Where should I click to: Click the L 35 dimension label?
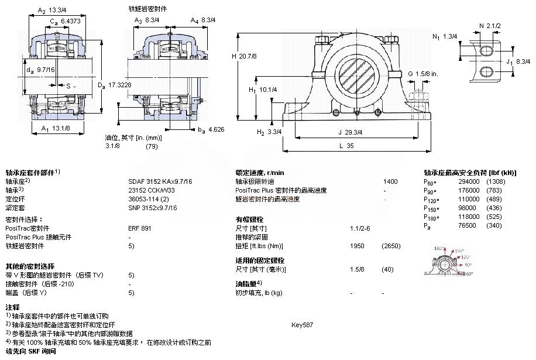(x=346, y=147)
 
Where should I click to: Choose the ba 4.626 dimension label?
(x=211, y=129)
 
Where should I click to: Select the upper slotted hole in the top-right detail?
(x=487, y=51)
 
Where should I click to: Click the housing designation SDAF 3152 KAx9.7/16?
(x=160, y=181)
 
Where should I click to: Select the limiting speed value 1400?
(x=390, y=181)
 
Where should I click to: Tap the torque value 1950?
(x=357, y=246)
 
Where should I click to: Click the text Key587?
(x=302, y=324)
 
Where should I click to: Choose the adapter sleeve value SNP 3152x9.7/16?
(x=152, y=208)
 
